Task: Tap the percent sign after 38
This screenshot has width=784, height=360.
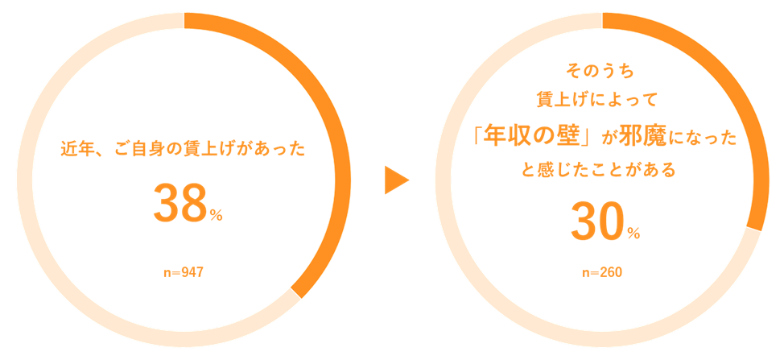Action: [217, 215]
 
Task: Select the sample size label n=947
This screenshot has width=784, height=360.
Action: [183, 272]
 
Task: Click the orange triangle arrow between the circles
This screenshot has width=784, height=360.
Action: [396, 180]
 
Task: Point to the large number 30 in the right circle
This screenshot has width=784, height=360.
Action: [596, 221]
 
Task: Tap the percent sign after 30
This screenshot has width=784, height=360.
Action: [633, 234]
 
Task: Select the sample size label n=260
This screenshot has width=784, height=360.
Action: [601, 272]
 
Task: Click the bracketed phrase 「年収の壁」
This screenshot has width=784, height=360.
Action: [532, 137]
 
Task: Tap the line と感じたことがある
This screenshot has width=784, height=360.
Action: [599, 170]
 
